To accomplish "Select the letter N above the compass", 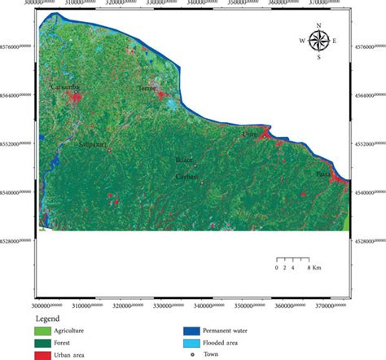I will pos(318,25).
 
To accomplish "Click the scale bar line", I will pos(292,258).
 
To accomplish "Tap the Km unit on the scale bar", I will pos(316,267).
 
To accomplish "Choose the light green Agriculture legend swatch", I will pos(42,331).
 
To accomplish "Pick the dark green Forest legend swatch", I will pos(42,343).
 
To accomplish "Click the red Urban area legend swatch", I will pos(42,354).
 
